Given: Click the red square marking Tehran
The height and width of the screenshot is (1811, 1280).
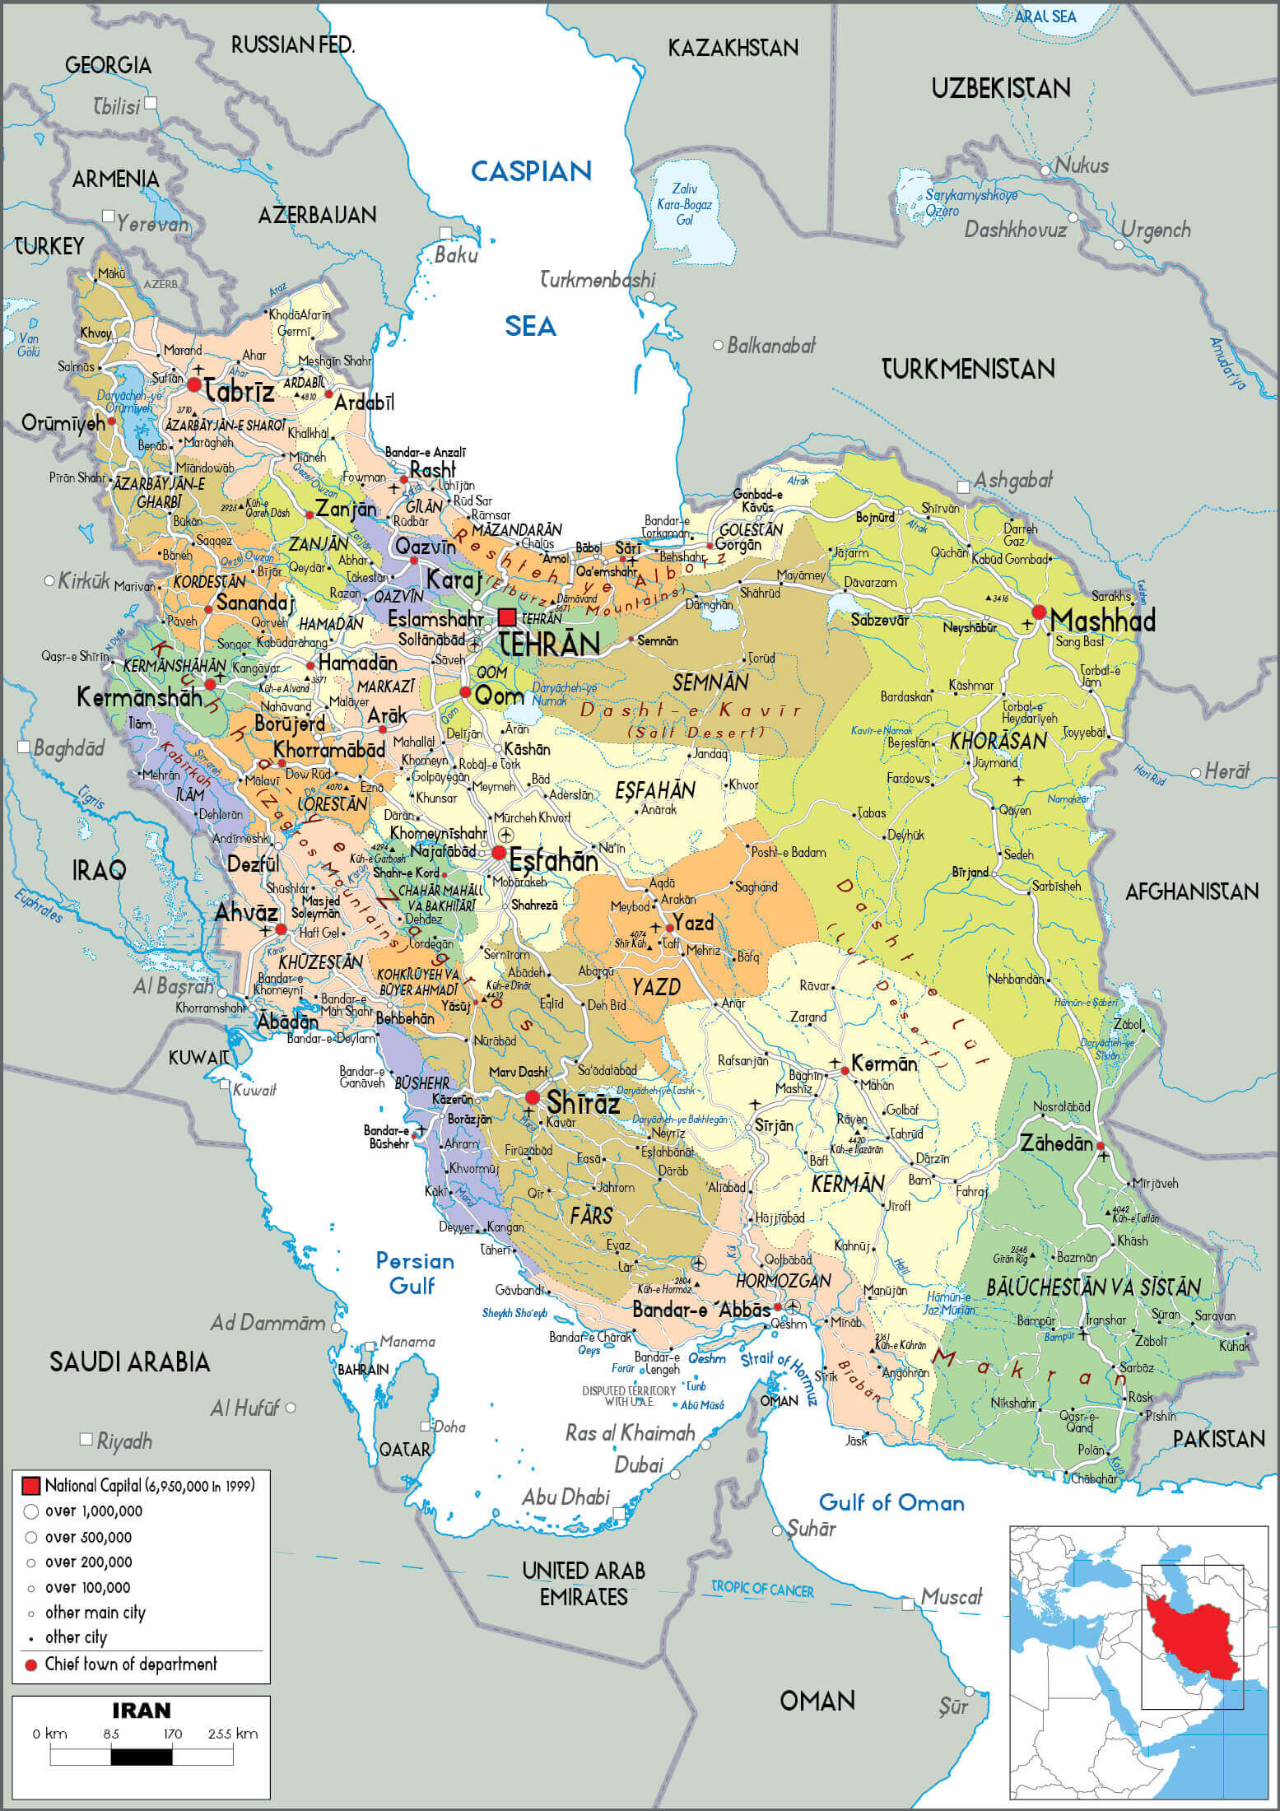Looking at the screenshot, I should coord(507,617).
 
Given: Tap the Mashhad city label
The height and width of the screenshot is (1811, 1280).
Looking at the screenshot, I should coord(1102,620).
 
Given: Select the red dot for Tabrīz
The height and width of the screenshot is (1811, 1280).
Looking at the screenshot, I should coord(194,384).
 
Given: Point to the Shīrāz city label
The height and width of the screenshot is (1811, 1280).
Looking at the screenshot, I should coord(583,1101).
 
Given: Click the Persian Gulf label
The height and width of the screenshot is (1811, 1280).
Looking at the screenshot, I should coord(414,1273).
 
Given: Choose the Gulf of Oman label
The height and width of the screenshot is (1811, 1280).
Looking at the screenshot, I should coord(891,1502).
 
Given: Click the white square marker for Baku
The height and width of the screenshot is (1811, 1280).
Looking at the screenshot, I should coord(445,233).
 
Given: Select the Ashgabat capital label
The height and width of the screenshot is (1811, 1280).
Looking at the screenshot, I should coord(1012,480).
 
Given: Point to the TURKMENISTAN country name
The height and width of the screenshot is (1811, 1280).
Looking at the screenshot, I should coord(968,369).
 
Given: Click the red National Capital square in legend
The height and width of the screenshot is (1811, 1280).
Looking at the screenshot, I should coord(30,1485).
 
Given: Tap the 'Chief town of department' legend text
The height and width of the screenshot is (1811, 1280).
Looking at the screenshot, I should coord(131,1664).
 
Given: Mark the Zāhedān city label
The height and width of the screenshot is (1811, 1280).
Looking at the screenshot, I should coord(1056,1143).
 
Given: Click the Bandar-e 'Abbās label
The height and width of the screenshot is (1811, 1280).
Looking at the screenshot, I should coord(701,1309).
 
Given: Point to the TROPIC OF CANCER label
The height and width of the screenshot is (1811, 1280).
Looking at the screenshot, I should coord(762,1589).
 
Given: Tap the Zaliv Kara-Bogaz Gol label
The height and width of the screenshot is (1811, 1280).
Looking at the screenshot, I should coord(684,204).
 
